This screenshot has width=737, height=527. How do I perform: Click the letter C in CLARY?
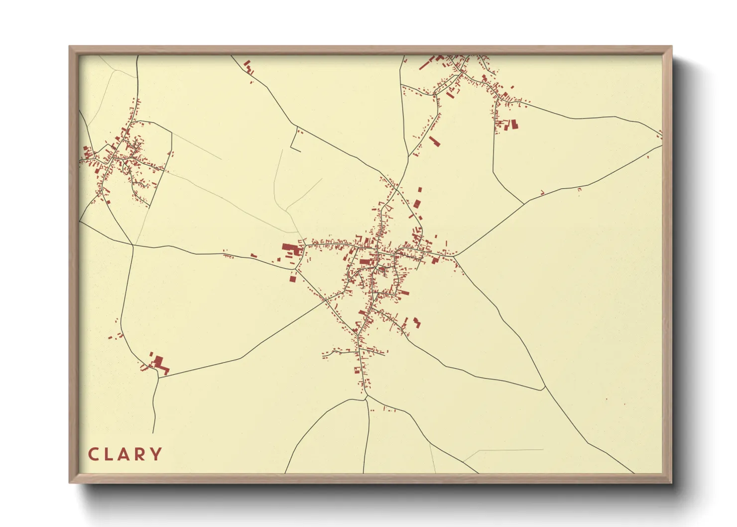click(93, 454)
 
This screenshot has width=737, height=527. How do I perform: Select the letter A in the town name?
click(124, 454)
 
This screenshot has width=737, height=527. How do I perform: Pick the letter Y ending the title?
click(156, 454)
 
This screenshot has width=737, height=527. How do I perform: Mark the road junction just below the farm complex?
click(158, 378)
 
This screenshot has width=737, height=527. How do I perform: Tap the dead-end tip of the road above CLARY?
click(153, 432)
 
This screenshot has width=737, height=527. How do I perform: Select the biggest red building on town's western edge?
click(289, 248)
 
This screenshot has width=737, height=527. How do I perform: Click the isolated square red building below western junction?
click(292, 277)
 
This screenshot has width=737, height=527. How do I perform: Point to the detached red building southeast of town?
click(416, 323)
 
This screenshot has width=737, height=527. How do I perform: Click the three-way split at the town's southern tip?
click(366, 397)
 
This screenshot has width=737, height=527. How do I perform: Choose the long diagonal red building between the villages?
click(435, 141)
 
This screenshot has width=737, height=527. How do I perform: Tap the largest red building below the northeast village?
click(514, 124)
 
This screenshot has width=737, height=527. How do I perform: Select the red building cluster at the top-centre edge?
click(248, 67)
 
